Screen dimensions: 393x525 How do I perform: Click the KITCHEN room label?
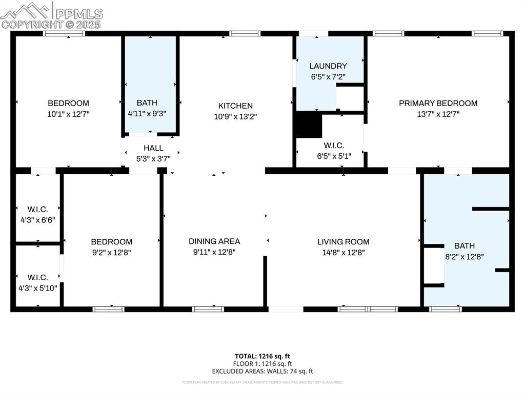(x=235, y=106)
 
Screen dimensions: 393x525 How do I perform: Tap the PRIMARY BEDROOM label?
(x=438, y=103)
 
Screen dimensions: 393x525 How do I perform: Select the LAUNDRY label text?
(x=328, y=66)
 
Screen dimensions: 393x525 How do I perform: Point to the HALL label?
(x=153, y=148)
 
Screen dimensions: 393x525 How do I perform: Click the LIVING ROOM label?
(x=343, y=242)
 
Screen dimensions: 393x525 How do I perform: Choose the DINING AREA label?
(x=214, y=241)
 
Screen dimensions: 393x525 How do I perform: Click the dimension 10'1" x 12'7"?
(x=68, y=114)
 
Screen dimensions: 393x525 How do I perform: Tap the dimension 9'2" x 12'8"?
(x=111, y=252)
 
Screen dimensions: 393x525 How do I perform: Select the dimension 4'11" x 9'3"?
(x=147, y=114)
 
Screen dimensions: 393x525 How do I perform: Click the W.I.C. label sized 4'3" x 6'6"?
(x=37, y=209)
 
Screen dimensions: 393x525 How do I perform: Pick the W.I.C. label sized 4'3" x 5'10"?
(x=37, y=277)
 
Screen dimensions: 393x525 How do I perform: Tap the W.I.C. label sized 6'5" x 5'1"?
(x=331, y=146)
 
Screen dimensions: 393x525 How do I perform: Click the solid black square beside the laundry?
(x=309, y=125)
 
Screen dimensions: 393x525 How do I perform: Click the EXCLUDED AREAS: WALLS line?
(x=262, y=371)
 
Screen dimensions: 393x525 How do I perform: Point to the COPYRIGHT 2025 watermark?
(x=51, y=24)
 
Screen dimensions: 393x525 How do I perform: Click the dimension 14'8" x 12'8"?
(x=343, y=252)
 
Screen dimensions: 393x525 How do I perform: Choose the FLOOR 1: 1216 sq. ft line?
(x=262, y=363)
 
